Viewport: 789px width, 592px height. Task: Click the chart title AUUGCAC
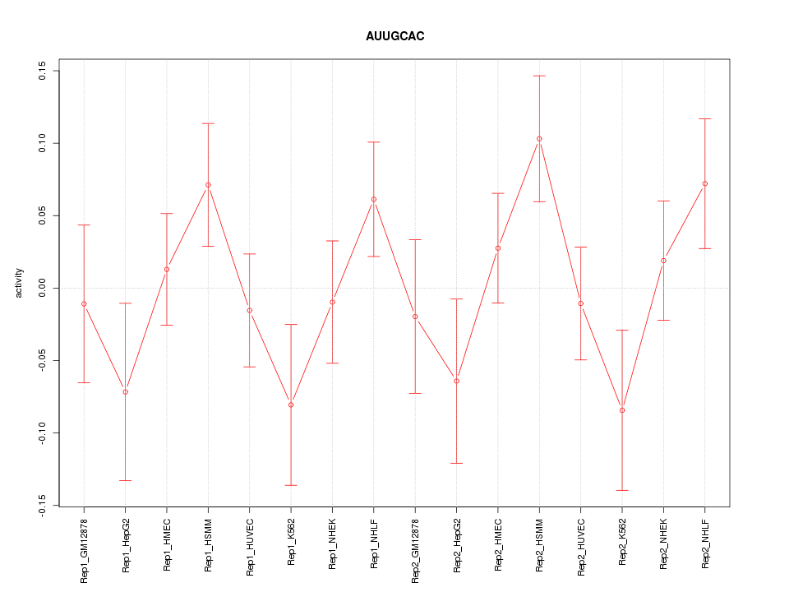click(x=394, y=36)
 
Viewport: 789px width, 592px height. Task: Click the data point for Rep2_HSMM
click(x=539, y=139)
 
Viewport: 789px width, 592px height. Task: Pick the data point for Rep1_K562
click(x=291, y=405)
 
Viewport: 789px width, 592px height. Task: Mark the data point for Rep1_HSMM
click(x=208, y=185)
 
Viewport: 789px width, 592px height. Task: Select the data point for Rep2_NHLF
click(x=704, y=183)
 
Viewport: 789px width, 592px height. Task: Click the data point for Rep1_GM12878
click(x=84, y=304)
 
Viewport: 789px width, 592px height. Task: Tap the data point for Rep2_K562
click(x=622, y=410)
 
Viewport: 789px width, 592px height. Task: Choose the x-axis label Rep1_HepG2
click(x=126, y=544)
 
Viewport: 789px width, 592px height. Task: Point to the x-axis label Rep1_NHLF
click(x=374, y=543)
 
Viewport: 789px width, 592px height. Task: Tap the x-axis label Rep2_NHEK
click(x=663, y=544)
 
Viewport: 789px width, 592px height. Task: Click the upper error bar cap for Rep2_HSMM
click(x=539, y=76)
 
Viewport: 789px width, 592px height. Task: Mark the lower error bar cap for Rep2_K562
click(x=622, y=490)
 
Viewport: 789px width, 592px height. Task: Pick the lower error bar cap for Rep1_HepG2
click(x=125, y=480)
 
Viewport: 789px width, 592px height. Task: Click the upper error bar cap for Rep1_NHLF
click(x=374, y=142)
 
